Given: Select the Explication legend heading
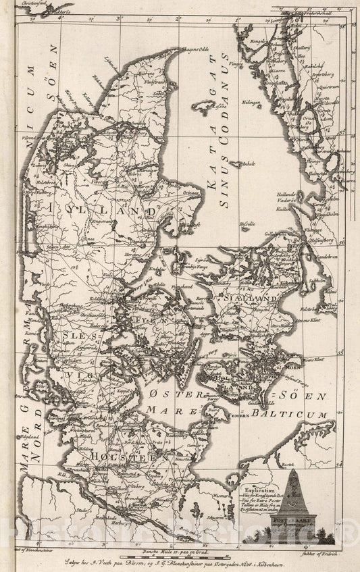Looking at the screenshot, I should (x=261, y=485).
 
